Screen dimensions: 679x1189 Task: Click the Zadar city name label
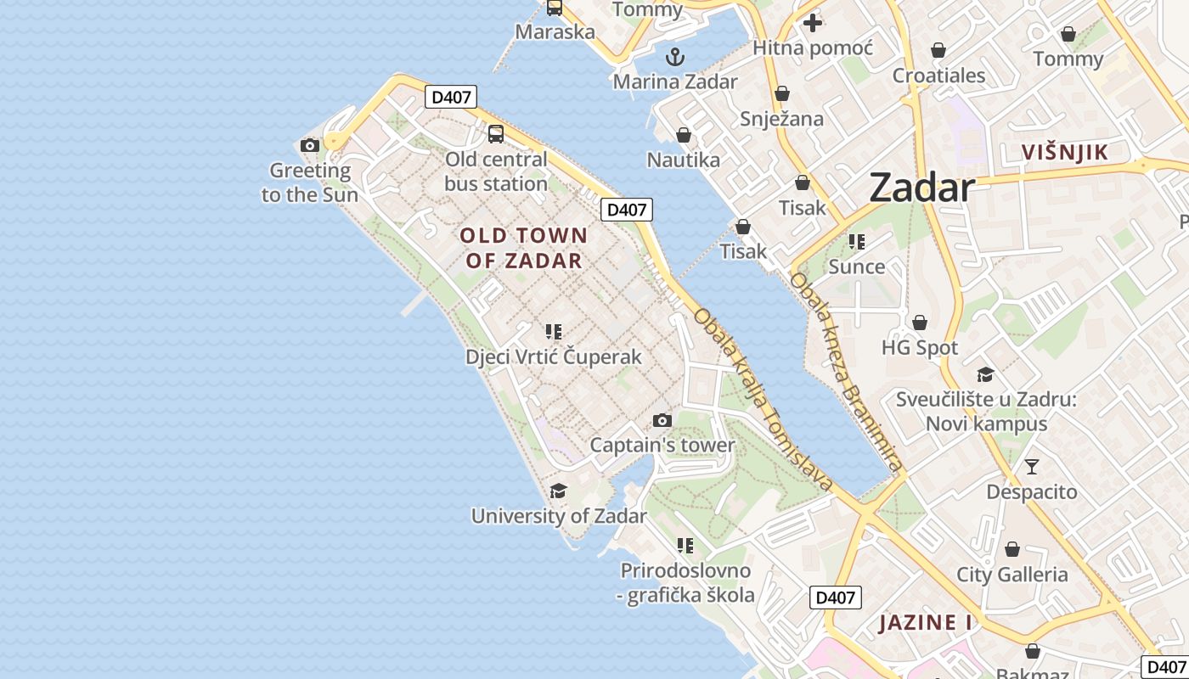tap(921, 188)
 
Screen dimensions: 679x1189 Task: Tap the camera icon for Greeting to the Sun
tap(310, 146)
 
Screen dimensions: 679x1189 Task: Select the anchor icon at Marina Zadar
tap(675, 58)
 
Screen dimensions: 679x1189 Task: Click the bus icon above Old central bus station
tap(495, 134)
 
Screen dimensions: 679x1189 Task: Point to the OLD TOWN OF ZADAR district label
tap(523, 248)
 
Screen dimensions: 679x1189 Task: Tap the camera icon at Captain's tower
tap(662, 420)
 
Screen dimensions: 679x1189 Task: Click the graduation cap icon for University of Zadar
tap(558, 491)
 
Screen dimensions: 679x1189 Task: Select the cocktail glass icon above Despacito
tap(1032, 467)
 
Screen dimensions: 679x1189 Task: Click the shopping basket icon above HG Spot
tap(920, 323)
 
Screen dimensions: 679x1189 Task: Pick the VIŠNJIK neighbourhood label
tap(1064, 153)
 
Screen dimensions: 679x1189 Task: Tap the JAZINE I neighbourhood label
tap(925, 623)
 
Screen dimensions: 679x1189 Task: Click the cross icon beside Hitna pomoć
tap(813, 23)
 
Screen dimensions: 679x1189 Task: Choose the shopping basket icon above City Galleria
tap(1011, 549)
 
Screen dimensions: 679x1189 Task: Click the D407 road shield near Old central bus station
tap(451, 97)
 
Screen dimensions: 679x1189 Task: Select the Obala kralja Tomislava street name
tap(763, 399)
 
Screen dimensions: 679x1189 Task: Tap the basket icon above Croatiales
tap(938, 50)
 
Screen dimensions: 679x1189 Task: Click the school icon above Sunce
tap(857, 242)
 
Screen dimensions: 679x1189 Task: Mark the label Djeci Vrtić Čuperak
tap(554, 357)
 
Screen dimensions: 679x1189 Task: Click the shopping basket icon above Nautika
tap(684, 135)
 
